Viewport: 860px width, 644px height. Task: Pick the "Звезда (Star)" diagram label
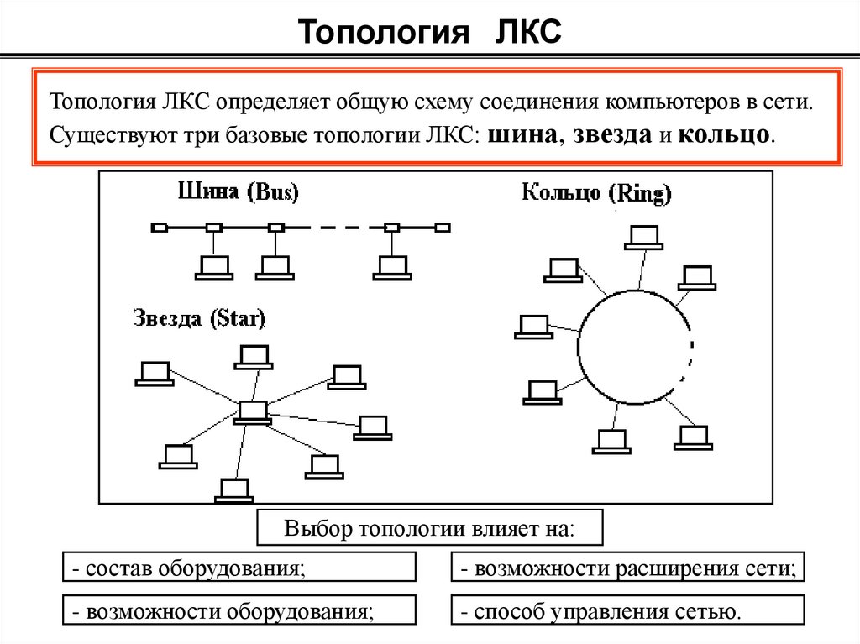(199, 319)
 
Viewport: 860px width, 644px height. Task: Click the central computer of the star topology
(251, 412)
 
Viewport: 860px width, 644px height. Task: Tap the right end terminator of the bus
(443, 228)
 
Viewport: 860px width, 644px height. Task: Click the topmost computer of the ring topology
(644, 237)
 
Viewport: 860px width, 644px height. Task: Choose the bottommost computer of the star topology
(234, 490)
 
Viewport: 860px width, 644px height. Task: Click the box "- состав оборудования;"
(239, 568)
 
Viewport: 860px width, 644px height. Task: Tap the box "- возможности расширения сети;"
(627, 568)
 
